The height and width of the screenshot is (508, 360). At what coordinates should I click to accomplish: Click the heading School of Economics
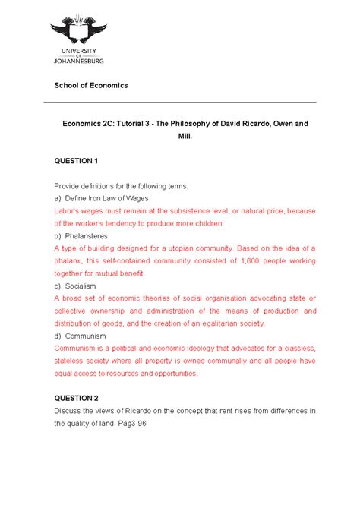[90, 86]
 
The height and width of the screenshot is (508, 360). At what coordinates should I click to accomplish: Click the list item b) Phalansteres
[81, 236]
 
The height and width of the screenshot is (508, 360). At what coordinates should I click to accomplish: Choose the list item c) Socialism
[74, 286]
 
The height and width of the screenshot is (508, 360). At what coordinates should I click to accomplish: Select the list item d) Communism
[80, 336]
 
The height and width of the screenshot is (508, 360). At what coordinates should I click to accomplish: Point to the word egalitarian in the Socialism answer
[210, 323]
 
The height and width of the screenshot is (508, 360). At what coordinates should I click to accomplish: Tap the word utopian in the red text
[171, 248]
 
